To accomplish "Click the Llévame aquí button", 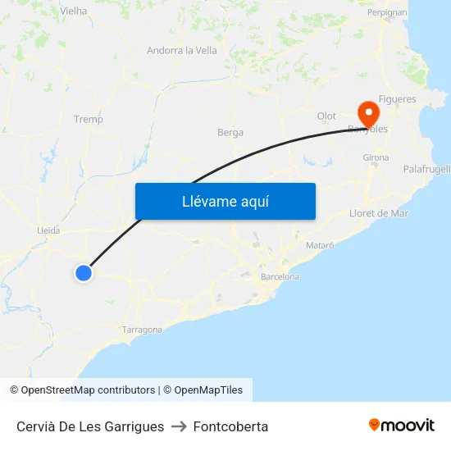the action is (x=225, y=201).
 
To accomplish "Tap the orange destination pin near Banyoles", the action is (x=367, y=112).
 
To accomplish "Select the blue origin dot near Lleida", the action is (x=83, y=273).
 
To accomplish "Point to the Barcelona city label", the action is (x=280, y=277).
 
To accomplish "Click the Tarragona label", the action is (x=142, y=330).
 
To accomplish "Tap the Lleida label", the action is (x=48, y=231).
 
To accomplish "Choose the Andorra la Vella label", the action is (x=182, y=51).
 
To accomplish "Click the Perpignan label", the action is (x=387, y=12).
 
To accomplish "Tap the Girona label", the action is (x=376, y=157).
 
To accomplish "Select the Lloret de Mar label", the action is (x=379, y=213).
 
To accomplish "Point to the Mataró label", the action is (x=320, y=245).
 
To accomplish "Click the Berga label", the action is (x=230, y=132).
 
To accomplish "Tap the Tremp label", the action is (x=89, y=120).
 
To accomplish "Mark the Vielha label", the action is (x=74, y=11).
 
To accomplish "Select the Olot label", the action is (x=327, y=116).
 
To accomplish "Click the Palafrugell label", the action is (x=426, y=169).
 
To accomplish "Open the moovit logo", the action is (x=401, y=425).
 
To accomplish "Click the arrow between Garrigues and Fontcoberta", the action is (x=179, y=426).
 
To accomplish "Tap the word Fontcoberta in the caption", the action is (x=230, y=426).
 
